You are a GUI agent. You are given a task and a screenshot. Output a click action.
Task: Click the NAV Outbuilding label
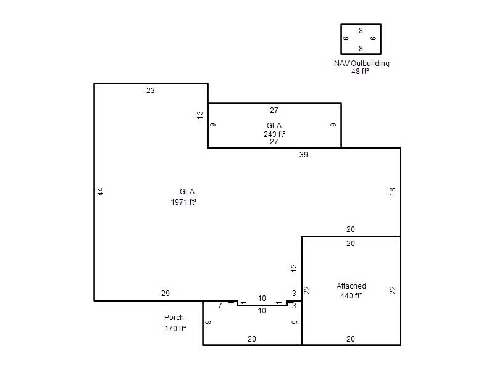pos(362,64)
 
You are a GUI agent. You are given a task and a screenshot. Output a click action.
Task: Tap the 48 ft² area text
pos(360,72)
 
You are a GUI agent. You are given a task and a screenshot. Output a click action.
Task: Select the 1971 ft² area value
pos(183,202)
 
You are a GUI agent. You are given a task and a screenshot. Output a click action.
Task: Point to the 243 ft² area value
pos(274,134)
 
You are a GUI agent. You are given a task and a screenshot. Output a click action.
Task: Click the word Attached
pos(351,286)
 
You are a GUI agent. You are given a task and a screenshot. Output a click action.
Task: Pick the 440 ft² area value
pos(351,296)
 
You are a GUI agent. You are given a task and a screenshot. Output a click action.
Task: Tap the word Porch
pos(174,317)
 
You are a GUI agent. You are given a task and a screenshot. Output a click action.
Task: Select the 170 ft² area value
pos(175,329)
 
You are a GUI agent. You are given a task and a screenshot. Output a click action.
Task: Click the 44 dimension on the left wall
pos(100,192)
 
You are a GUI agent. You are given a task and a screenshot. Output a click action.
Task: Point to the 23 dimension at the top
pos(151,91)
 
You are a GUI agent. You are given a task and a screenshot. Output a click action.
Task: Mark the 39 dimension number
pos(304,155)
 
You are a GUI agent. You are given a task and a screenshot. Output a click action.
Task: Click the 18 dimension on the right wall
pos(392,191)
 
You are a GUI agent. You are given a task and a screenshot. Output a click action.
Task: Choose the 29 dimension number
pos(165,294)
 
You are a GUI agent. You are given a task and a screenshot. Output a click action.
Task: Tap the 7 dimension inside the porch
pos(220,305)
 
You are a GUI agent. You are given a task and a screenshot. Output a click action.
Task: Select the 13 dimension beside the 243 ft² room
pos(200,115)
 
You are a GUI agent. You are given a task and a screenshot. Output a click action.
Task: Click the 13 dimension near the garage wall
pos(294,268)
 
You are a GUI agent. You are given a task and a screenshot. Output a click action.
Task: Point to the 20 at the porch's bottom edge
pos(252,339)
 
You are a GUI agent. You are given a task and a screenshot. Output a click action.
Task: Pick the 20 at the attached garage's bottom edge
pos(351,339)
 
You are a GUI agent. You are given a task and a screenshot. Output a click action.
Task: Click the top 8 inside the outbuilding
pos(361,30)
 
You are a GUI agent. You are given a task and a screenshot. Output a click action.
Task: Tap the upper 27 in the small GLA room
pos(274,110)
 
